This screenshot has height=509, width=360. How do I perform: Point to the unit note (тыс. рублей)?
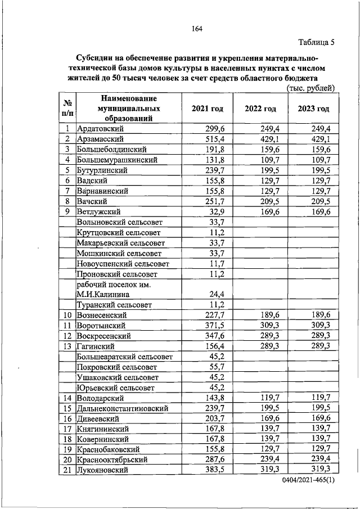[310, 88]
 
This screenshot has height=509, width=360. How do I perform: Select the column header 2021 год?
[208, 108]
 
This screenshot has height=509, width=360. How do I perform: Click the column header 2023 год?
[313, 108]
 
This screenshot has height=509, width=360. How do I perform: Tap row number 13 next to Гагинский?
[67, 346]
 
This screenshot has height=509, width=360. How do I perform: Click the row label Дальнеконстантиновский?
[122, 408]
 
